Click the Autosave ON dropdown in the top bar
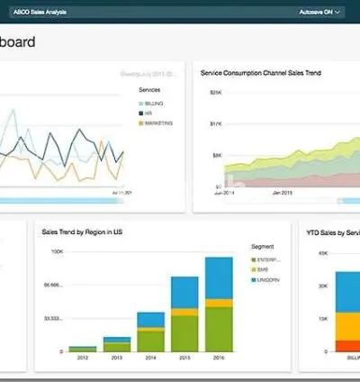[319, 13]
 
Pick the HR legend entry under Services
[149, 114]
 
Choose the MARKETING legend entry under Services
[159, 123]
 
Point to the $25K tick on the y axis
[216, 92]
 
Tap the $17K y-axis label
[216, 123]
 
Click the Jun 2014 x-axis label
[224, 193]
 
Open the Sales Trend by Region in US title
[82, 232]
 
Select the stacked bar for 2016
[219, 304]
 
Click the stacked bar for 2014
[150, 331]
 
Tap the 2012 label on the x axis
[82, 357]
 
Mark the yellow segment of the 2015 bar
[184, 313]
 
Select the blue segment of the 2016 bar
[219, 282]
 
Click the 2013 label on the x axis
[116, 357]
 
